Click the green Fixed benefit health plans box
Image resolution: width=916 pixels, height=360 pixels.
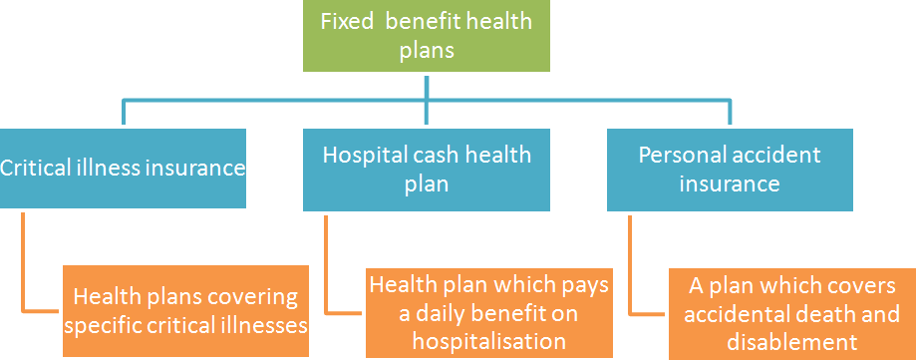point(426,36)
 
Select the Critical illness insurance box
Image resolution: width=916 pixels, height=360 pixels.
point(123,168)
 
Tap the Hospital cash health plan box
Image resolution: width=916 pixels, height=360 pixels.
point(426,168)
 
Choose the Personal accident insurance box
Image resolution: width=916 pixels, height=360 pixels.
point(730,168)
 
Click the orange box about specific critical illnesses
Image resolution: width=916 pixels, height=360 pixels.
point(185,310)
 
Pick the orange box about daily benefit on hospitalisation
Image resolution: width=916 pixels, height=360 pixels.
point(488,310)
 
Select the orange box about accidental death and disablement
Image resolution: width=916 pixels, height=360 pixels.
point(792,310)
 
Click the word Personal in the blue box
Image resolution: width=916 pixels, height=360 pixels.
point(678,156)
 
